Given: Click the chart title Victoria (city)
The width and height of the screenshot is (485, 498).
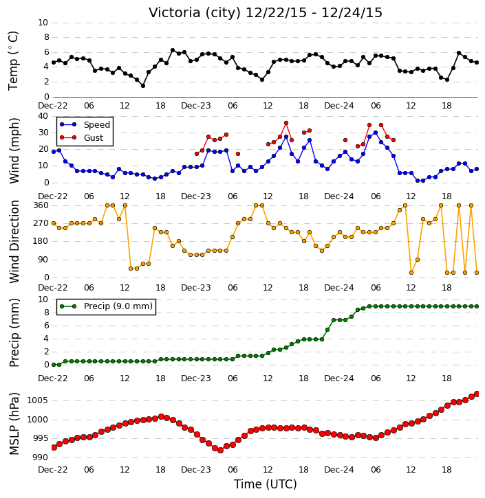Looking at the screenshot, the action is tap(195, 13).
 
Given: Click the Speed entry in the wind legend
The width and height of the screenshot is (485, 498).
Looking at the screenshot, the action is tap(97, 125).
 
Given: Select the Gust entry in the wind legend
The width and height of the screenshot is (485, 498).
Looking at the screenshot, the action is tap(94, 138).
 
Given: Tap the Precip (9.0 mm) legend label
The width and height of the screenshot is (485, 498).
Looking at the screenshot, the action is tap(118, 306).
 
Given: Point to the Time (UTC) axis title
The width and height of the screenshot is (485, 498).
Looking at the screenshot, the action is tap(266, 484).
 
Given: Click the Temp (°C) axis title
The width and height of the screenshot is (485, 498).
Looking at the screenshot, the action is tap(13, 60).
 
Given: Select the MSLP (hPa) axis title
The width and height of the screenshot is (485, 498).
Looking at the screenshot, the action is tap(14, 424).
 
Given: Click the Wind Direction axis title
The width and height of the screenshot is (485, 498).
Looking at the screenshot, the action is tap(14, 242).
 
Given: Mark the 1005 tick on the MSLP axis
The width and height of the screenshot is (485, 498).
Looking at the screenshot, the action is tap(38, 400).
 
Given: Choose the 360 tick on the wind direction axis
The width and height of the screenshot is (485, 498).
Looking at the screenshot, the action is tap(41, 205).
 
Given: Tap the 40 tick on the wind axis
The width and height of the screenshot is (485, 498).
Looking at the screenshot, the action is tap(43, 116).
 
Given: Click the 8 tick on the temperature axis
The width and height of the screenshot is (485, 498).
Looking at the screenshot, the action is tap(47, 38).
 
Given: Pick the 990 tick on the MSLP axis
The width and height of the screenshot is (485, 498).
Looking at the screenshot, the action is tap(41, 457).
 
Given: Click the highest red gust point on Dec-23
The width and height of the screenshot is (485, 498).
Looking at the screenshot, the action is tap(286, 123).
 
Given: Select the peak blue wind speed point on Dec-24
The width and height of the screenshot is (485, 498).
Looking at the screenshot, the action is tap(376, 133).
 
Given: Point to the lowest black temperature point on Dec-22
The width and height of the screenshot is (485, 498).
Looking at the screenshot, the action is tap(143, 86).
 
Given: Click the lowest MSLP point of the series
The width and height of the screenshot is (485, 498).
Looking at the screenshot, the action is tap(220, 451).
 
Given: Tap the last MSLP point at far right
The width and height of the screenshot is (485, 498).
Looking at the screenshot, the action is tap(477, 394).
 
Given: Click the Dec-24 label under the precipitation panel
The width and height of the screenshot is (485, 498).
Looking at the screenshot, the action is tap(339, 378).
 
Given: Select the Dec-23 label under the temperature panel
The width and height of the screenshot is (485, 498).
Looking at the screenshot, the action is tap(196, 106).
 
